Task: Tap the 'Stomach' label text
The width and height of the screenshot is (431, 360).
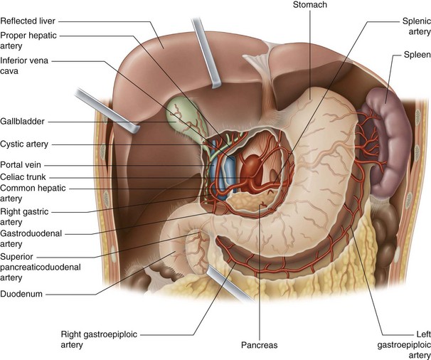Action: [309, 6]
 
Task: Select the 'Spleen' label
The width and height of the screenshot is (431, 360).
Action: [411, 53]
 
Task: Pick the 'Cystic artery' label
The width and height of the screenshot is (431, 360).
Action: [25, 144]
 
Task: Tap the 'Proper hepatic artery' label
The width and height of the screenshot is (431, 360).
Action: [29, 41]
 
